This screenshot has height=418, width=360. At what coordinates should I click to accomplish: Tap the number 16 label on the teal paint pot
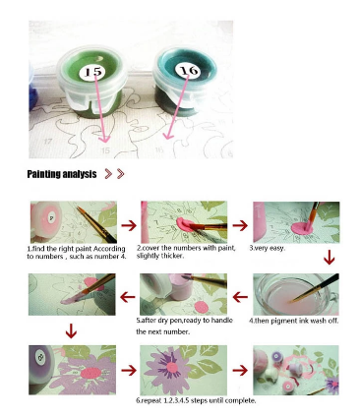[188, 70]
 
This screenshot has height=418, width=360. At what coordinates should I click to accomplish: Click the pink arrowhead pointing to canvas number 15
[104, 138]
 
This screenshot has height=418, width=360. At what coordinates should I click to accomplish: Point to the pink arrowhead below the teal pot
[168, 135]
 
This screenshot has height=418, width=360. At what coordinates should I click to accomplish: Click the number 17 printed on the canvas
[48, 141]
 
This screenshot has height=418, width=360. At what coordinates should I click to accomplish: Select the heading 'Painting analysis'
[62, 174]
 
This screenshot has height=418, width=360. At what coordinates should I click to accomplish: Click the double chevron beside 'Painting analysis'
[114, 174]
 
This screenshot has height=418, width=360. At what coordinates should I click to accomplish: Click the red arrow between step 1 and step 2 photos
[129, 225]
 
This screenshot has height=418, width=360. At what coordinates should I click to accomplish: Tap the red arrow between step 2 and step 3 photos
[240, 225]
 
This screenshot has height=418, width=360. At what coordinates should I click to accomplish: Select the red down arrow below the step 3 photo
[330, 257]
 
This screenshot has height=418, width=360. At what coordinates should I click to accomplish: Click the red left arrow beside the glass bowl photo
[240, 297]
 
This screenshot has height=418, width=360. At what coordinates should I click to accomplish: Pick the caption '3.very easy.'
[267, 248]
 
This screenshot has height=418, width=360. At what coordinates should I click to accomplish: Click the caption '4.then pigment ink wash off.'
[293, 321]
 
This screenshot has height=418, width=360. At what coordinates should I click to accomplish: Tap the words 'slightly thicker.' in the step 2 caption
[159, 256]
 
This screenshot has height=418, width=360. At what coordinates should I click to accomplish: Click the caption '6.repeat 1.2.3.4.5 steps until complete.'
[196, 400]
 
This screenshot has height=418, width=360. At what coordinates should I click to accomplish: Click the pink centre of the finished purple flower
[172, 367]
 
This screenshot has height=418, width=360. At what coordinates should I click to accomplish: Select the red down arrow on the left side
[71, 330]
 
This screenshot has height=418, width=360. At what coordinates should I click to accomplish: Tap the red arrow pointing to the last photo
[240, 371]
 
